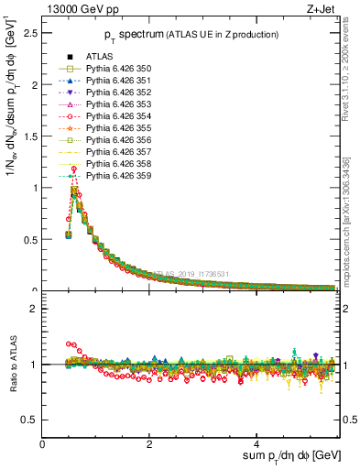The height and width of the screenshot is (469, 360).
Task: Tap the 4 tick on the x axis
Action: (x=256, y=444)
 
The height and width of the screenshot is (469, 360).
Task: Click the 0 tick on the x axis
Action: (x=42, y=444)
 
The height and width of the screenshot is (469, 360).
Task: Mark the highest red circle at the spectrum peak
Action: (x=73, y=169)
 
